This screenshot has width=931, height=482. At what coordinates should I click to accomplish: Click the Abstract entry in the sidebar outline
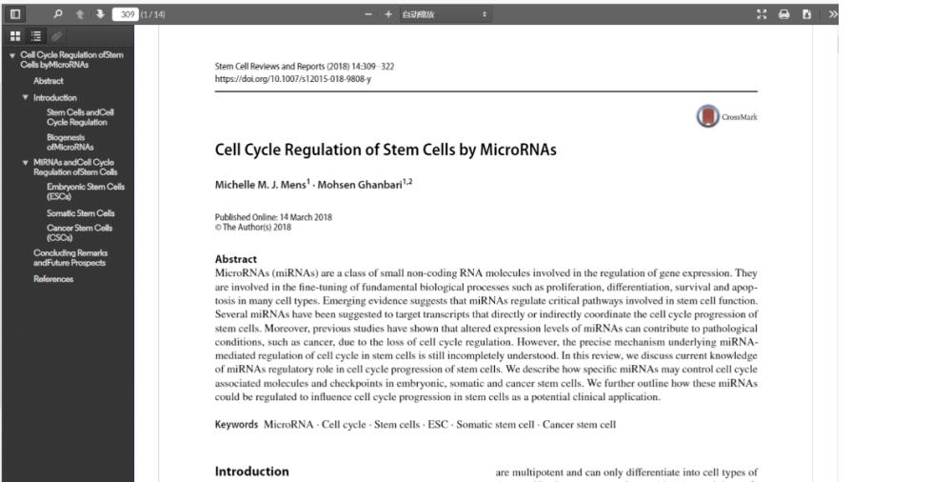(48, 81)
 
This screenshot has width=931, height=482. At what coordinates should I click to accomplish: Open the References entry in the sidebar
(53, 279)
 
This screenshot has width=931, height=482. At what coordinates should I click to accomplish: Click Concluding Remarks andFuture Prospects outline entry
(69, 257)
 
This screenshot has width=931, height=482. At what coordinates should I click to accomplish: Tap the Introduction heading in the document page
(252, 472)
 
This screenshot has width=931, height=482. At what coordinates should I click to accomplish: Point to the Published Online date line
(274, 216)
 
